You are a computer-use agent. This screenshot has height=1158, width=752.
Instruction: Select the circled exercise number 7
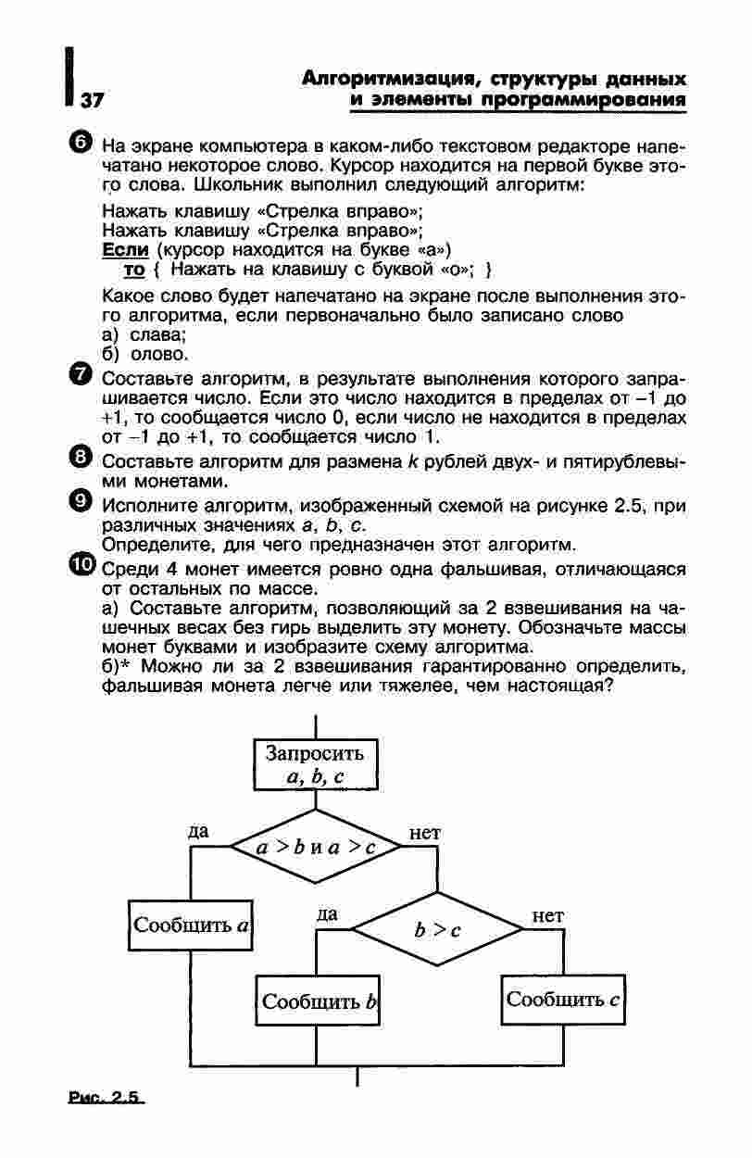point(81,376)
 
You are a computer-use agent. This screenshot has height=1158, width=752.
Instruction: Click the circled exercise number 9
point(81,501)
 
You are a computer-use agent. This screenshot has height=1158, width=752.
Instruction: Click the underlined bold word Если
point(125,249)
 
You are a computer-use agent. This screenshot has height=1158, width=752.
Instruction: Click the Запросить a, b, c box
point(315,764)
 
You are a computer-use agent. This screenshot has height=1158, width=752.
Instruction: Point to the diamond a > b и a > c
point(316,847)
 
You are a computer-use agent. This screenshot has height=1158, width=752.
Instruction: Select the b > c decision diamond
point(438,929)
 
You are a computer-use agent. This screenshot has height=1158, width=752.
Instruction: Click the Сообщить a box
point(192,925)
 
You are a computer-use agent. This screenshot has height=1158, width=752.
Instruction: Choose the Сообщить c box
point(562,1000)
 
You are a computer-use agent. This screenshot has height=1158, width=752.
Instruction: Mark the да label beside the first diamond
point(198,831)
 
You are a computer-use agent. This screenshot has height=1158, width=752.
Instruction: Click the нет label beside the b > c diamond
point(547,915)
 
